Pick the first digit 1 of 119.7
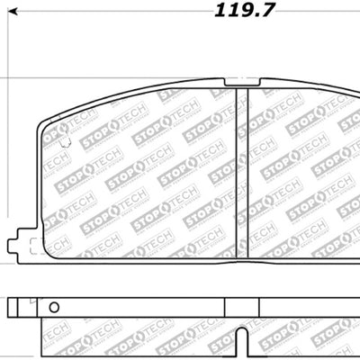(x=220, y=11)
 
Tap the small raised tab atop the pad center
(x=235, y=84)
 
